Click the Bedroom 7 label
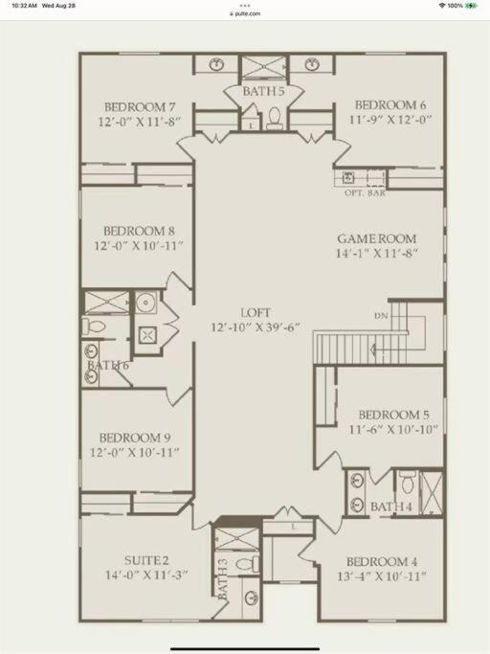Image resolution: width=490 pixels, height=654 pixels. pyautogui.click(x=140, y=107)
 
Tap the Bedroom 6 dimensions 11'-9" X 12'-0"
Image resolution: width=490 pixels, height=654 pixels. pyautogui.click(x=390, y=120)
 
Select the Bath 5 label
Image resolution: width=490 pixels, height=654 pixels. pyautogui.click(x=263, y=91)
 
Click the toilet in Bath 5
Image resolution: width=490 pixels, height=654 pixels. pyautogui.click(x=275, y=118)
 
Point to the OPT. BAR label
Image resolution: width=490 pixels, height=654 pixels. pyautogui.click(x=365, y=193)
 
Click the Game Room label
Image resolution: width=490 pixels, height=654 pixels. pyautogui.click(x=377, y=239)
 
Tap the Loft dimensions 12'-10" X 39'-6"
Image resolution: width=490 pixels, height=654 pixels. pyautogui.click(x=256, y=327)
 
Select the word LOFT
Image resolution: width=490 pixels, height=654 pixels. pyautogui.click(x=256, y=313)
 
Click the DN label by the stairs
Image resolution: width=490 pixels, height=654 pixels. pyautogui.click(x=381, y=316)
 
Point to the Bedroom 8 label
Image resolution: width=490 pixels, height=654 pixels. pyautogui.click(x=140, y=231)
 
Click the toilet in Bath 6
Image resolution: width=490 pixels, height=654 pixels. pyautogui.click(x=94, y=326)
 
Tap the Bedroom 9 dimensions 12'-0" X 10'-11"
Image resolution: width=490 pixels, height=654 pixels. pyautogui.click(x=135, y=452)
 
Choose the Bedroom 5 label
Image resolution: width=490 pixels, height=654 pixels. pyautogui.click(x=393, y=415)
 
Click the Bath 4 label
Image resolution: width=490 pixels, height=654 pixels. pyautogui.click(x=391, y=507)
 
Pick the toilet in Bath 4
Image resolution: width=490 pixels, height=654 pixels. pyautogui.click(x=407, y=482)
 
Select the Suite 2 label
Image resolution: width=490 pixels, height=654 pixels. pyautogui.click(x=146, y=560)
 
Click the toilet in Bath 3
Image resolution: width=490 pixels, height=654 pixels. pyautogui.click(x=247, y=564)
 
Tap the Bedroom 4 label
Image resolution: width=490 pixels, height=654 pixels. pyautogui.click(x=382, y=562)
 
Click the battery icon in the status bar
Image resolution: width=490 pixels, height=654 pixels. pyautogui.click(x=472, y=6)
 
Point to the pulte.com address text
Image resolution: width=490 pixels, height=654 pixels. pyautogui.click(x=245, y=13)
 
